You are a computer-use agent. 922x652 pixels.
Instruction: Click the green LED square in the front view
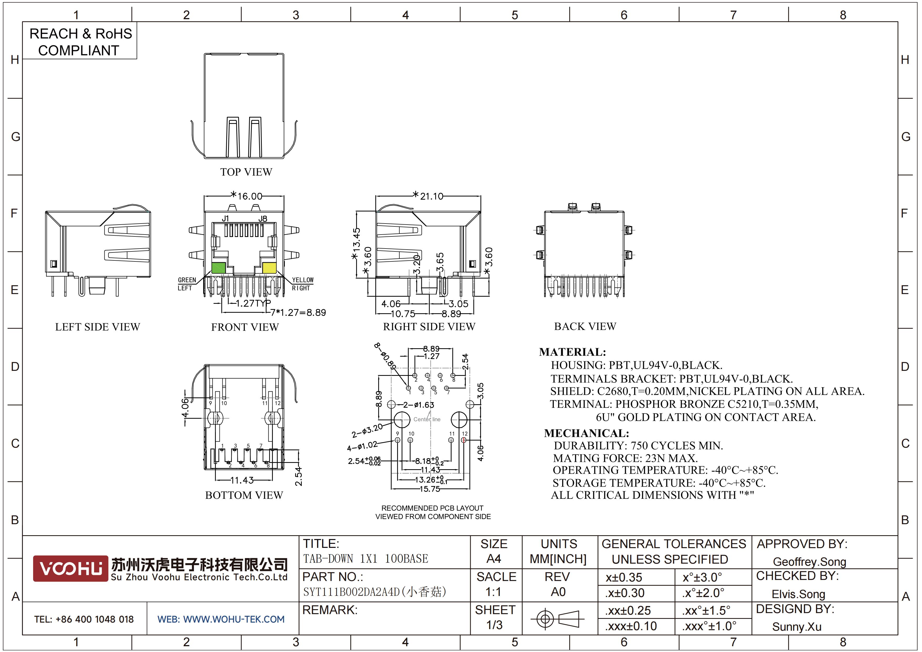(x=218, y=268)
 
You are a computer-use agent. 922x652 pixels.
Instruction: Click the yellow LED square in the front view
(x=269, y=268)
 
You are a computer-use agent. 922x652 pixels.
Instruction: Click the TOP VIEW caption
(x=246, y=172)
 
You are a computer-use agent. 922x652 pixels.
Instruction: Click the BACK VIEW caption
(x=585, y=326)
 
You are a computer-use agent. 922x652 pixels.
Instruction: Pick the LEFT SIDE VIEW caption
(x=98, y=327)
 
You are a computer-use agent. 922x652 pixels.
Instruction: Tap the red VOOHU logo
(x=70, y=568)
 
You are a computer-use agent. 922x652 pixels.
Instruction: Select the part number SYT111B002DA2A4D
(x=351, y=592)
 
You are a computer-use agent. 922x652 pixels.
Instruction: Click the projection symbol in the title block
(x=557, y=619)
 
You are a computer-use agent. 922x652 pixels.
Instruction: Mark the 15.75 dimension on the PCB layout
(x=430, y=489)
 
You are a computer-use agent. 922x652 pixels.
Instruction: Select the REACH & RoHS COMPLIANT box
(x=80, y=41)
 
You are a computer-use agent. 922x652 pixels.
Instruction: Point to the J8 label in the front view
(x=263, y=219)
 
